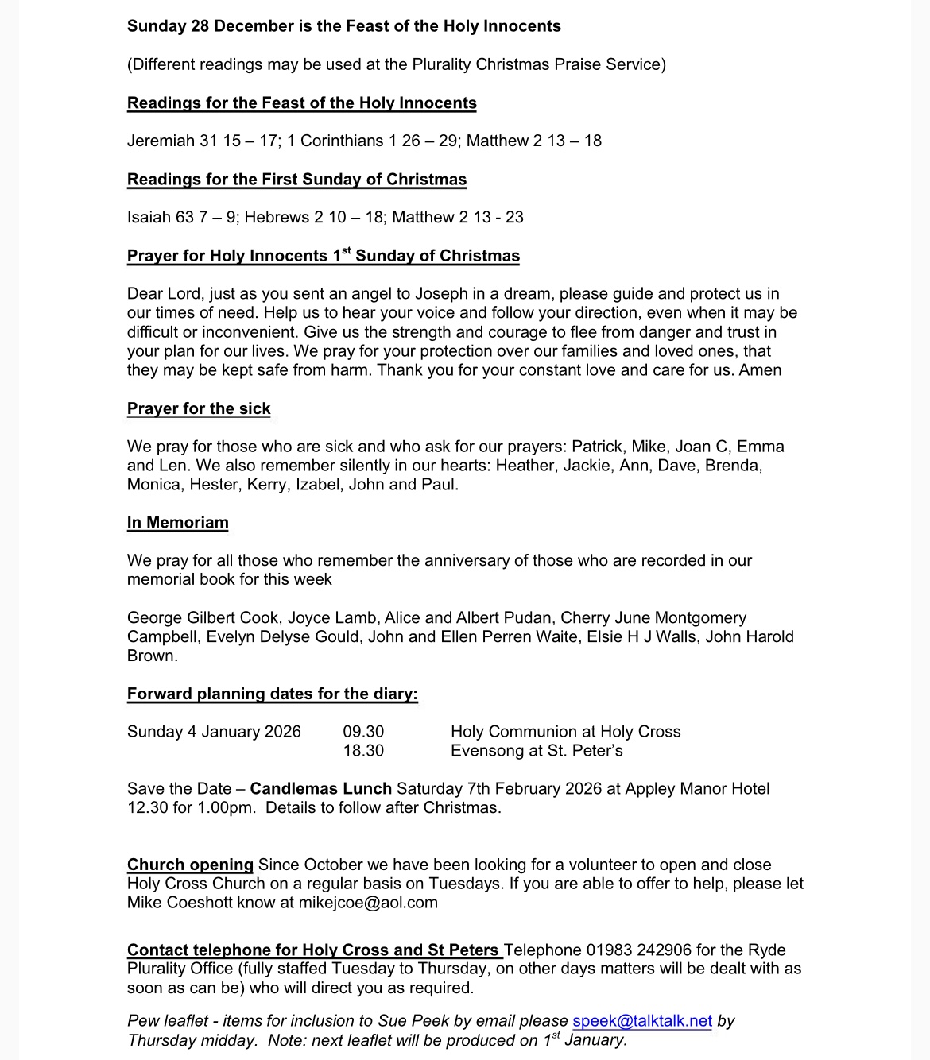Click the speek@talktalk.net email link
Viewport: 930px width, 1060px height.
(641, 1021)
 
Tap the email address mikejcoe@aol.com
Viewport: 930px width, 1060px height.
(368, 903)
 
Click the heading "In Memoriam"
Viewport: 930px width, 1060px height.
(177, 523)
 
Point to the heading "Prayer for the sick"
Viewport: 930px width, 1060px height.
(199, 408)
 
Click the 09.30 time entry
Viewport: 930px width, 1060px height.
(363, 732)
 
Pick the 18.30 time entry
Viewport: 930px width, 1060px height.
(363, 751)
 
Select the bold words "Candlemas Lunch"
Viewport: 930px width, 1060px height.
(320, 789)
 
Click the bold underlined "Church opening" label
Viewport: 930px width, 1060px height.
(190, 865)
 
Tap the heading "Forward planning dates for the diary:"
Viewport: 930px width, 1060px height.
(272, 694)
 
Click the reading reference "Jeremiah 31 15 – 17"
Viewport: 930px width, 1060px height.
(203, 141)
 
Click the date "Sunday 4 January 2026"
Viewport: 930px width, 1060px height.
(214, 732)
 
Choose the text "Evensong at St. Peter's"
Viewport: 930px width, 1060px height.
(537, 751)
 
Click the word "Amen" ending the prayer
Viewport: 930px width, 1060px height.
(760, 370)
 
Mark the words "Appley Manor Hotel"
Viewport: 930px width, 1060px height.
(697, 789)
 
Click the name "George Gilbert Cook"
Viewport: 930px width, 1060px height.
(203, 618)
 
